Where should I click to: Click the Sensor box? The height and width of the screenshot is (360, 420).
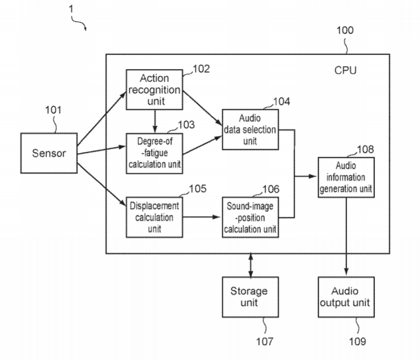pos(48,153)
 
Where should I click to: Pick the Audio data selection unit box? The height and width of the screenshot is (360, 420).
pos(249,130)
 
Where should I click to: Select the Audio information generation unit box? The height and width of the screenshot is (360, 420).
pos(346,177)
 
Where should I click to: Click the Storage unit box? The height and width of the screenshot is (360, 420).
pos(249,297)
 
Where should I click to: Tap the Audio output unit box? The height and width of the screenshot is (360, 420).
pos(346,297)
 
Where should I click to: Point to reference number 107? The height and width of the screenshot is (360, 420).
pos(264,341)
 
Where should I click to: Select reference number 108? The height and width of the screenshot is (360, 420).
pos(365,149)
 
